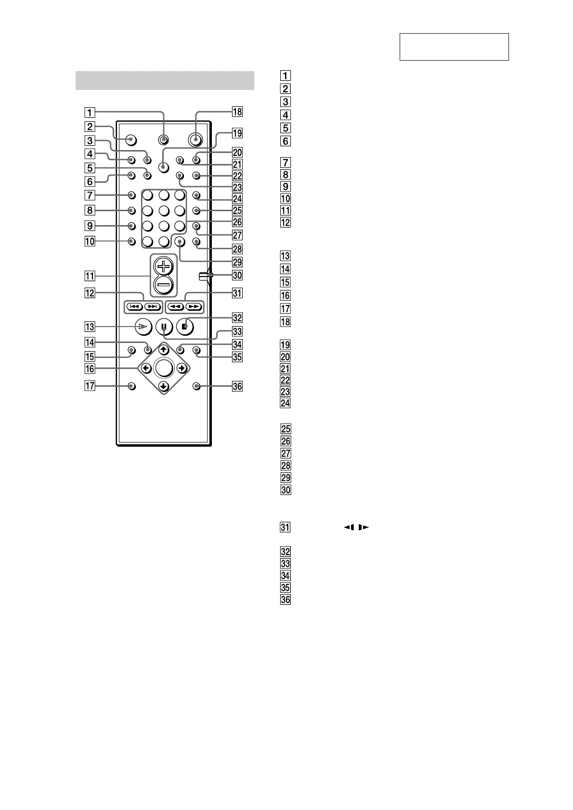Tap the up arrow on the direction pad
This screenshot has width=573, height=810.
point(164,350)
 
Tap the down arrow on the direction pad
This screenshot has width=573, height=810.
point(164,386)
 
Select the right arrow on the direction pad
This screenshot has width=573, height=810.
point(182,368)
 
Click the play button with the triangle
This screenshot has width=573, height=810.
point(143,327)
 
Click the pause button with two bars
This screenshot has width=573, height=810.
point(164,327)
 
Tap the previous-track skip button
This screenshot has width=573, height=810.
point(134,306)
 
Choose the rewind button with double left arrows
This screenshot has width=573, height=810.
point(175,306)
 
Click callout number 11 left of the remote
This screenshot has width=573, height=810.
point(90,276)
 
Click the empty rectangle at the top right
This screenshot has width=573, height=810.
point(454,47)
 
